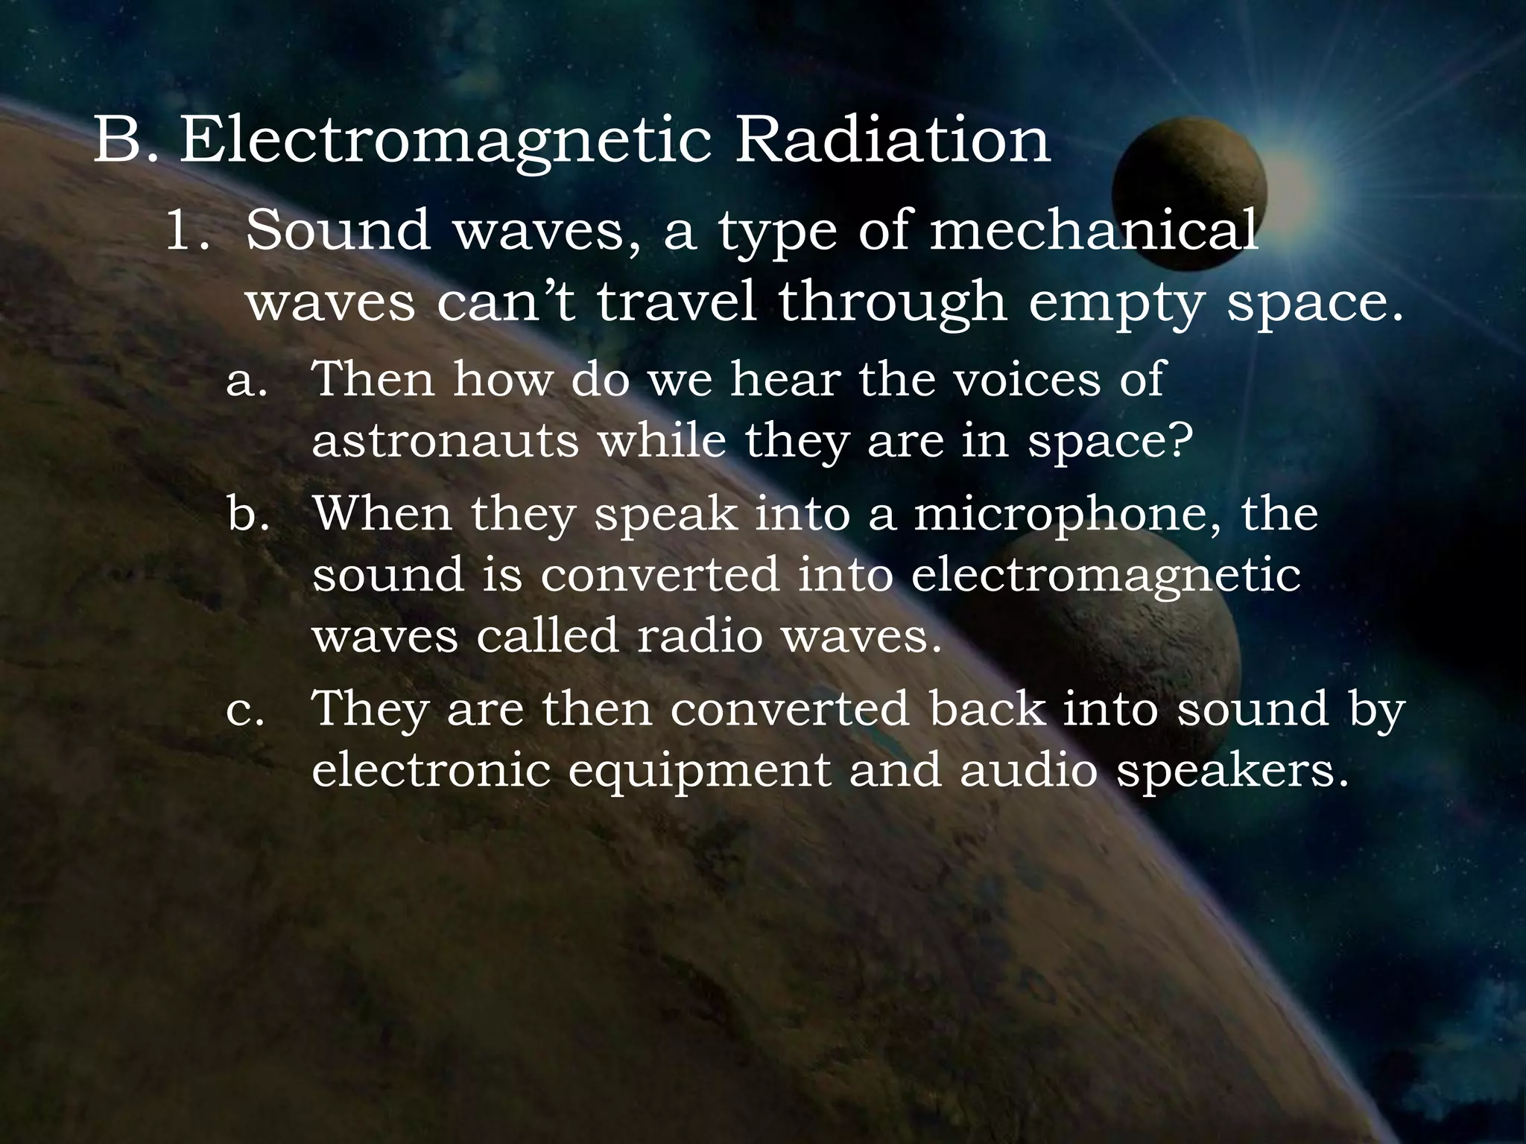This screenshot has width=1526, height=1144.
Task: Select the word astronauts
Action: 446,441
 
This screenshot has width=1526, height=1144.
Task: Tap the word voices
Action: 1027,380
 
